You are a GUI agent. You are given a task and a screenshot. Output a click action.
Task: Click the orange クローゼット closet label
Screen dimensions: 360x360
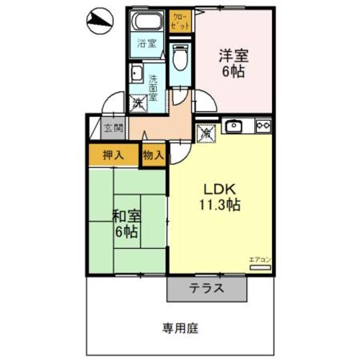tap(181, 20)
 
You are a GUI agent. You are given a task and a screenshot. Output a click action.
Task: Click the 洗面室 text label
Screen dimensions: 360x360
tap(154, 89)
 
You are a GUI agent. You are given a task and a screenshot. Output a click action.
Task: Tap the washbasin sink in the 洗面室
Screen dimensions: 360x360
tap(136, 75)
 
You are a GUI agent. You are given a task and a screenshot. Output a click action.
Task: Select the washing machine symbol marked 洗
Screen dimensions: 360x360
tap(138, 102)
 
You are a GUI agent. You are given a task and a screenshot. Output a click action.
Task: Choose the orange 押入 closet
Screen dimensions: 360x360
tap(112, 155)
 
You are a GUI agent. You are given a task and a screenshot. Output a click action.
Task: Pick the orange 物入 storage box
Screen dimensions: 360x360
tap(152, 155)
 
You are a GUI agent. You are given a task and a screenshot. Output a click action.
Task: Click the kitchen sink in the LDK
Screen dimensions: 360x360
tap(233, 126)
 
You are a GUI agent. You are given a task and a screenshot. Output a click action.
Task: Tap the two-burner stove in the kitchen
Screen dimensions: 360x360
tap(263, 126)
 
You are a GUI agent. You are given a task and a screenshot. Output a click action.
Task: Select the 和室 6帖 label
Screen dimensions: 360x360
tap(126, 223)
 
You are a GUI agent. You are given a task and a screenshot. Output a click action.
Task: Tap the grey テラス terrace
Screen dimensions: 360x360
tap(206, 290)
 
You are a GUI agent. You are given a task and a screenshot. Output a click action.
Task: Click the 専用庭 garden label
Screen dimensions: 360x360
tap(181, 328)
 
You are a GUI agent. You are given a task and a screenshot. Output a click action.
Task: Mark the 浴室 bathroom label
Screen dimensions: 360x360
tap(147, 42)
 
